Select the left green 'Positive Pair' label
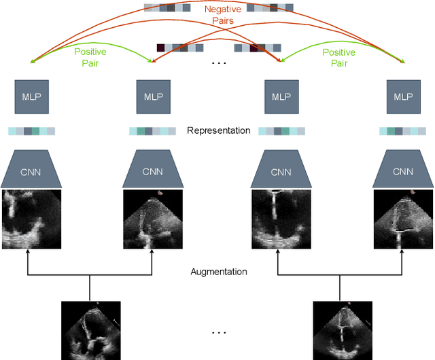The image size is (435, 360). point(90,57)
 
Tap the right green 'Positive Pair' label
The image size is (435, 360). point(338,57)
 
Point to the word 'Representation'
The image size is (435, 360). point(219,130)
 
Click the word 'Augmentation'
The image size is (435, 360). point(219,272)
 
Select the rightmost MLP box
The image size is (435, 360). point(403,96)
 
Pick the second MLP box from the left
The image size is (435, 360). point(153,96)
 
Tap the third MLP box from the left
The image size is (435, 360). point(281,96)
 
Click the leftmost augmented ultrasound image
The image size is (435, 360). point(31,219)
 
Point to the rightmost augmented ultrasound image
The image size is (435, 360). point(403,219)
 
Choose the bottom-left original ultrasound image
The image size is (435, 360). point(90,330)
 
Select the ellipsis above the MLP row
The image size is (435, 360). point(219,63)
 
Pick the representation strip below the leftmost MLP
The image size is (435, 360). point(31,131)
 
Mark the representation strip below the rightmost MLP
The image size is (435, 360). point(403,131)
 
